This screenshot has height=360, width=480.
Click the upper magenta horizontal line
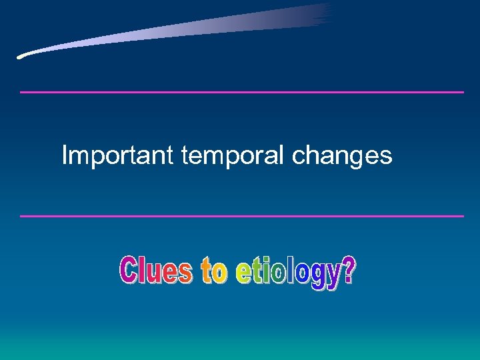coord(241,92)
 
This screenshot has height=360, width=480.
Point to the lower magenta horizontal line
coord(241,216)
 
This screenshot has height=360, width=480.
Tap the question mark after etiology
coord(347,272)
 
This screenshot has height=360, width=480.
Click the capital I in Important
coord(65,155)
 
